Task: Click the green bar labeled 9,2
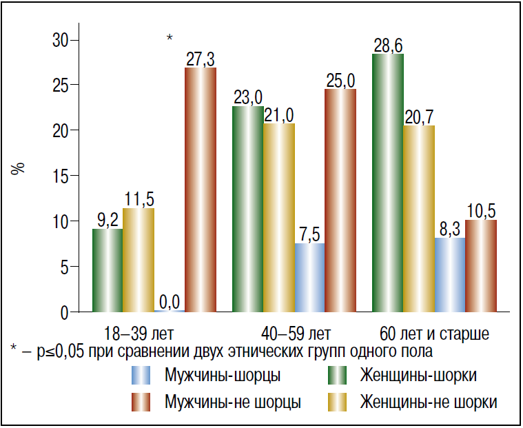pos(107,270)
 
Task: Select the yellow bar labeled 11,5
pos(139,261)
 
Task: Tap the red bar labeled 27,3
pos(201,190)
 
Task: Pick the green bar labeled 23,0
pos(248,210)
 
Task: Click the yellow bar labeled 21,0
pos(279,218)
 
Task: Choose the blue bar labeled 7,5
pos(309,278)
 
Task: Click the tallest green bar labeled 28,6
pos(388,183)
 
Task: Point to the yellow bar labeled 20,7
pos(419,219)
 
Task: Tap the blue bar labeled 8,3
pos(449,275)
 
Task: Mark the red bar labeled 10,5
pos(480,266)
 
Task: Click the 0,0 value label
pos(170,301)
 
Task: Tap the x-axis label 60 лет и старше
pos(434,334)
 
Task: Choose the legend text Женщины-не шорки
pos(428,402)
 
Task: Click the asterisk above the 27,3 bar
pos(170,38)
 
